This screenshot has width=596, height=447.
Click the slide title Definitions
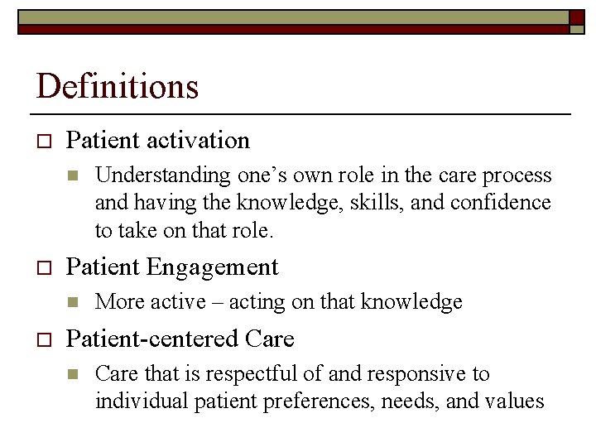[118, 86]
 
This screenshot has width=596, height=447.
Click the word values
[515, 401]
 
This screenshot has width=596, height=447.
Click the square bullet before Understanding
[72, 176]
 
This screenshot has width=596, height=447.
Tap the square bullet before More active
[72, 303]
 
